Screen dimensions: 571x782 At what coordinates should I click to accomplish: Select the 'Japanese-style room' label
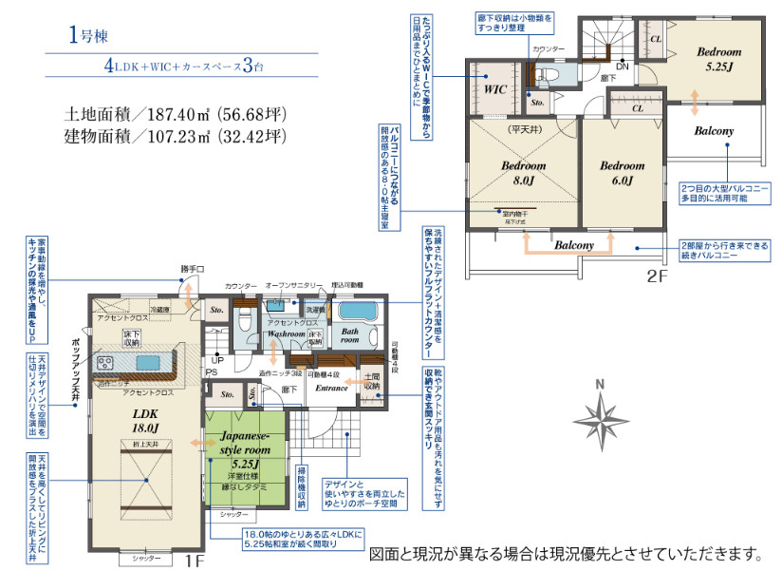pyautogui.click(x=246, y=442)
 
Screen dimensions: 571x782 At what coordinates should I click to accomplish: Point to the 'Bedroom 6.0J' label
pyautogui.click(x=622, y=172)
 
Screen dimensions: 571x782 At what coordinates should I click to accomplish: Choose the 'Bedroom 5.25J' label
pyautogui.click(x=717, y=60)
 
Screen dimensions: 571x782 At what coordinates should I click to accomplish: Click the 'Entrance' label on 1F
pyautogui.click(x=332, y=388)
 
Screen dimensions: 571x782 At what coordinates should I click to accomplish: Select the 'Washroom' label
pyautogui.click(x=285, y=334)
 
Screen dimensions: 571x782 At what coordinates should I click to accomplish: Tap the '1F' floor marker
pyautogui.click(x=195, y=561)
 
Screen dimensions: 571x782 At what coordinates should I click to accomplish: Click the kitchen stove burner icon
pyautogui.click(x=105, y=363)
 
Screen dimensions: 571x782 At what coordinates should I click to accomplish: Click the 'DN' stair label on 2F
pyautogui.click(x=622, y=67)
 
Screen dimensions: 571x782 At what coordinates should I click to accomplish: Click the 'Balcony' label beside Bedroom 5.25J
pyautogui.click(x=713, y=130)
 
